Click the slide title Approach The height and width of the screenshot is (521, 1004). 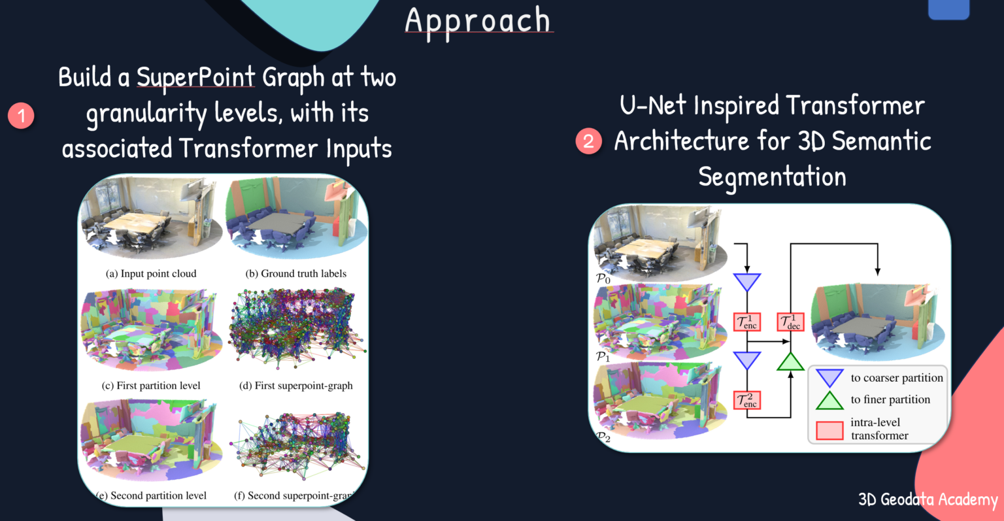click(x=478, y=21)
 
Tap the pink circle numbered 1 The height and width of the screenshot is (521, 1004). click(x=21, y=116)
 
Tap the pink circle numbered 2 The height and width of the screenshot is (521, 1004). click(x=588, y=141)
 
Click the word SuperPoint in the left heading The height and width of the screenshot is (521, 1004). click(x=195, y=78)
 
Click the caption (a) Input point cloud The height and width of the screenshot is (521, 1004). click(x=151, y=273)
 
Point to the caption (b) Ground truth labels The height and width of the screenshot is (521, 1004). click(x=295, y=273)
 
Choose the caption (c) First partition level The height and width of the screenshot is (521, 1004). click(x=151, y=386)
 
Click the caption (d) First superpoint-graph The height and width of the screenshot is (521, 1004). click(x=295, y=386)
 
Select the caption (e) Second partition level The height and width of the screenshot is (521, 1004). click(x=152, y=496)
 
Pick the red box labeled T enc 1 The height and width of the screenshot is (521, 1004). click(x=746, y=322)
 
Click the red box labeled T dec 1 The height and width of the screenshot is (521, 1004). click(x=790, y=322)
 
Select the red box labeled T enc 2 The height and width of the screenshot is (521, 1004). click(x=746, y=399)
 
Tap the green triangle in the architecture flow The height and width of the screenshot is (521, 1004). click(x=790, y=362)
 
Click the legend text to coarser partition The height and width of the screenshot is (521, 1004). click(x=897, y=378)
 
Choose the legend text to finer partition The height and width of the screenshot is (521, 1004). click(x=890, y=399)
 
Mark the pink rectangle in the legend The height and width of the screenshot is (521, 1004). click(x=829, y=430)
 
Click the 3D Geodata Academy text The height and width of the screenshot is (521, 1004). click(x=928, y=500)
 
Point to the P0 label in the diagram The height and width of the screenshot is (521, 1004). click(x=603, y=278)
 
